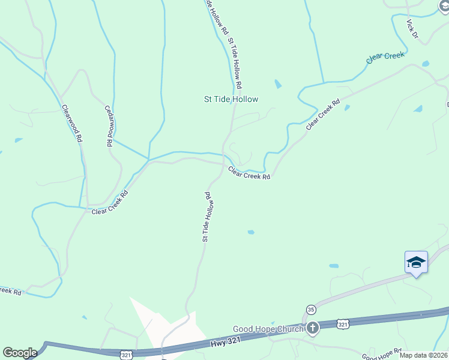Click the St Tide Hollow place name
point(231,100)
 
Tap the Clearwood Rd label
point(72,123)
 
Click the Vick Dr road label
point(412,29)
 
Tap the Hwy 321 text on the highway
point(228,343)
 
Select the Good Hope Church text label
point(269,329)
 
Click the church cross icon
point(313,328)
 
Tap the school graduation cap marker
point(416,262)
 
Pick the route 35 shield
point(310,309)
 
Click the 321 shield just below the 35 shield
point(342,323)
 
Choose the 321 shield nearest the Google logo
point(126,355)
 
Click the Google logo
point(20,353)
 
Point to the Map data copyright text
point(424,355)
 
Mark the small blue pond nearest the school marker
point(333,265)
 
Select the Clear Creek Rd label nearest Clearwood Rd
point(110,203)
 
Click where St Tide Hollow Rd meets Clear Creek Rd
point(224,163)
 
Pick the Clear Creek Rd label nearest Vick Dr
point(323,114)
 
